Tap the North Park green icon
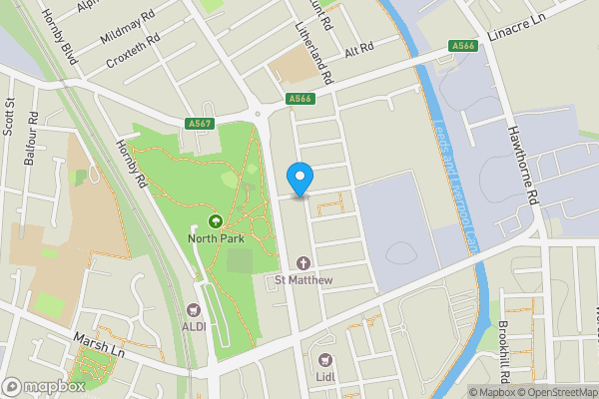pyautogui.click(x=214, y=220)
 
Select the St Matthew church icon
pyautogui.click(x=302, y=263)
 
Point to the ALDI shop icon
pyautogui.click(x=195, y=309)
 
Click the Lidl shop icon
pyautogui.click(x=322, y=359)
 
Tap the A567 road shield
pyautogui.click(x=200, y=123)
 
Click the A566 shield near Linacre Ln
pyautogui.click(x=462, y=45)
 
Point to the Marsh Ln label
pyautogui.click(x=96, y=345)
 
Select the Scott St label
pyautogui.click(x=8, y=115)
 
